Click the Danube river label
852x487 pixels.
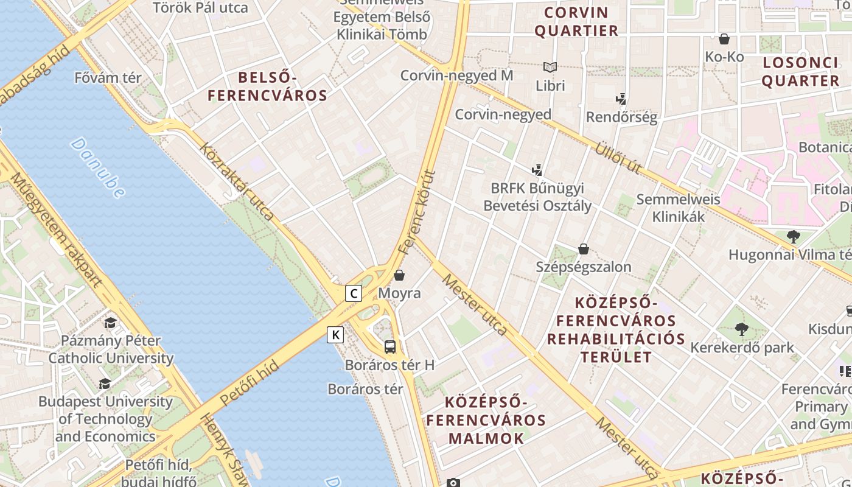[97, 167]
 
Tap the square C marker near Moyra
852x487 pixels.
[354, 293]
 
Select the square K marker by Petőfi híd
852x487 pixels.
[335, 334]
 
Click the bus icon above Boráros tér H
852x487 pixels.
[390, 347]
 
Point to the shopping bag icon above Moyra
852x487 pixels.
[399, 276]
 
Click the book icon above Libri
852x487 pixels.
[550, 68]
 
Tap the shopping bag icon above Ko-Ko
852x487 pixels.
[724, 40]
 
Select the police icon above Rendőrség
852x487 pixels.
[621, 99]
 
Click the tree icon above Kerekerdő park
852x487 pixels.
[741, 329]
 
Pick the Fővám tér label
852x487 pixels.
[108, 78]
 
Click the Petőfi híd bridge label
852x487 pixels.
[249, 383]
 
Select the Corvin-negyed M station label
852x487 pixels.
[456, 75]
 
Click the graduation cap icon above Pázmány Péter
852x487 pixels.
[110, 322]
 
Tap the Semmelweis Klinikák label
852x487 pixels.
[678, 208]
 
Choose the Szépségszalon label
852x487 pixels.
[583, 267]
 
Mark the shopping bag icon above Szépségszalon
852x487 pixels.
[583, 248]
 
